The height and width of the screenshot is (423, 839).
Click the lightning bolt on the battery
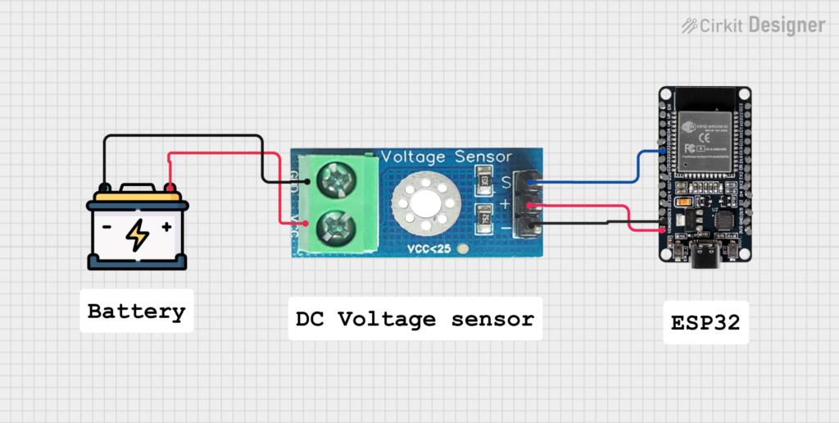point(138,234)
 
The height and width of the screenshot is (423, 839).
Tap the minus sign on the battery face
point(107,226)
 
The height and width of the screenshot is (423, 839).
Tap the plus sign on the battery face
point(167,226)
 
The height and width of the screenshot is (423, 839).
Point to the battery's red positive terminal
point(170,189)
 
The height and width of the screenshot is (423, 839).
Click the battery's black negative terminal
point(105,189)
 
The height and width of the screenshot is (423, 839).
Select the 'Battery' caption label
point(136,312)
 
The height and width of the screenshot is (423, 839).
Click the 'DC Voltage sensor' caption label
point(415,319)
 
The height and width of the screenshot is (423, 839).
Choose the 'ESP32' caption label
point(705,322)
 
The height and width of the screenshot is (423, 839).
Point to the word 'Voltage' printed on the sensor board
point(414,157)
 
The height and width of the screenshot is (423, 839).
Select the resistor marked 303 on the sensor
point(484,180)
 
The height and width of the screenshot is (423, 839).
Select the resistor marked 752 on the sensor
point(484,219)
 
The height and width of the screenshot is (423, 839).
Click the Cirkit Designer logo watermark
point(753,25)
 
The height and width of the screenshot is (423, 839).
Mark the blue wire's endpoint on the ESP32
point(663,151)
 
